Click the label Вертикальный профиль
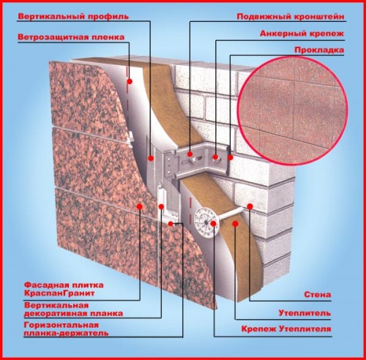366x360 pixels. tap(73, 17)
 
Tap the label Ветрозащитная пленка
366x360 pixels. tap(71, 37)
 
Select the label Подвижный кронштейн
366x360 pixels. tap(291, 17)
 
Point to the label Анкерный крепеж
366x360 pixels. tap(302, 34)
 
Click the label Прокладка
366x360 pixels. tap(319, 50)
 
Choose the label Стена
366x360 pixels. tap(318, 294)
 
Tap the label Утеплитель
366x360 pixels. tap(305, 312)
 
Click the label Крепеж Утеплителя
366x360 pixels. tap(286, 329)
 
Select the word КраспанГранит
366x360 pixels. tap(59, 293)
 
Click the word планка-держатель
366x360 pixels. tap(66, 333)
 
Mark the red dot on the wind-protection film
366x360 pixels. tap(130, 81)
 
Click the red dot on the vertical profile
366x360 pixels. tap(151, 158)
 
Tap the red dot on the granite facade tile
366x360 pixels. tap(140, 206)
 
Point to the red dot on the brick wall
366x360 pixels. tap(250, 206)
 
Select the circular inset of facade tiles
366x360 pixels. tap(292, 110)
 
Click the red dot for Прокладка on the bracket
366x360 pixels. tap(231, 157)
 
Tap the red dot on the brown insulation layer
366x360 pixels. tap(235, 223)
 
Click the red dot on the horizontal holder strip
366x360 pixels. tap(171, 223)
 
